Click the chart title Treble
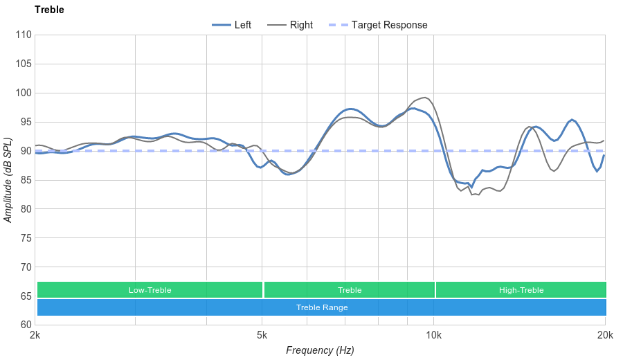click(x=49, y=10)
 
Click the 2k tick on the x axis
click(x=35, y=336)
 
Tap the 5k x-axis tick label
click(x=262, y=336)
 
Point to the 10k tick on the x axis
click(x=434, y=336)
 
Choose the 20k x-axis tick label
click(x=605, y=336)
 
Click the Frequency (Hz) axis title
click(x=320, y=350)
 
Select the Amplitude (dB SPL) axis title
click(x=8, y=180)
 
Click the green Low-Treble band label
click(x=150, y=290)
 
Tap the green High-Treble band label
click(x=521, y=290)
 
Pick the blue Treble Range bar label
click(x=322, y=307)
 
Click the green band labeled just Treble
click(x=350, y=290)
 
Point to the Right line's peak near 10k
click(x=424, y=98)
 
